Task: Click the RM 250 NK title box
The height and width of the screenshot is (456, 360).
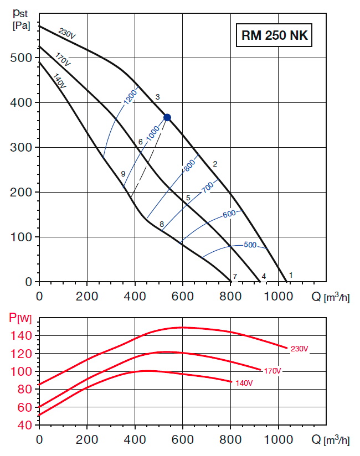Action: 274,36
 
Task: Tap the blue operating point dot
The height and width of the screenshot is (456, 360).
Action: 167,117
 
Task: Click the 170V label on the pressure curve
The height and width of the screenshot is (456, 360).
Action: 63,60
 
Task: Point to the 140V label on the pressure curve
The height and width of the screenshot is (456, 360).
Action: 59,80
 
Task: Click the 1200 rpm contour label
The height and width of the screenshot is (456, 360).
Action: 130,97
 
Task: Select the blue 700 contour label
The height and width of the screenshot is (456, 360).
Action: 208,188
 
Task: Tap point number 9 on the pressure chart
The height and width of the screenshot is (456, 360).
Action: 123,174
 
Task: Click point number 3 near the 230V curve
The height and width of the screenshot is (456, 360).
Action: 158,97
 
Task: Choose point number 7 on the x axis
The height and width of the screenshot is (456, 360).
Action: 235,276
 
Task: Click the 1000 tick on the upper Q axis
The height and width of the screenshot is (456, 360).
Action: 278,296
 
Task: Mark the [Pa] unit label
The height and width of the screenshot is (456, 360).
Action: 20,26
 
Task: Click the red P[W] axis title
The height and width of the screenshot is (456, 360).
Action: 19,318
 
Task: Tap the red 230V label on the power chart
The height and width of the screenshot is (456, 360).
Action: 299,349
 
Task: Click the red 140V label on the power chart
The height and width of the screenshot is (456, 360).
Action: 244,383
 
